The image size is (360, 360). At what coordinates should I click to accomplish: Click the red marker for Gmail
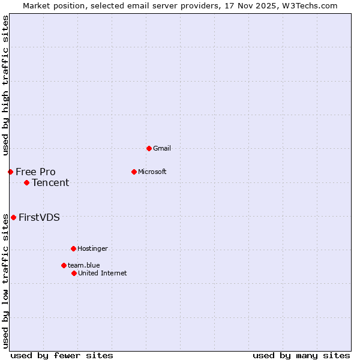(x=149, y=148)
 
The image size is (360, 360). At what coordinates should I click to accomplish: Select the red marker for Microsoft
(x=134, y=172)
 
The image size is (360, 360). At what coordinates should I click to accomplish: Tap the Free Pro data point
(x=10, y=172)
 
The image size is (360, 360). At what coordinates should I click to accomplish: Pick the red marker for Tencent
(x=26, y=182)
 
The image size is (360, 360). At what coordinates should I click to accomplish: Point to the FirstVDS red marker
(x=13, y=217)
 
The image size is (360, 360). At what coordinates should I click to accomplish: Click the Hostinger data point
(x=73, y=248)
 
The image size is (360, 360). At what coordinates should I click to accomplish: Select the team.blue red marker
(x=64, y=265)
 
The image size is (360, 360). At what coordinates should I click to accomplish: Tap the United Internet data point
(x=74, y=273)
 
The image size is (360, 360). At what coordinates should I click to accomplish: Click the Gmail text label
(x=162, y=148)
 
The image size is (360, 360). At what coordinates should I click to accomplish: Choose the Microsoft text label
(x=152, y=172)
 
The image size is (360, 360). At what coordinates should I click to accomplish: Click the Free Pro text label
(x=35, y=172)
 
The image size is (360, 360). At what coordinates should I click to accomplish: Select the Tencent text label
(x=50, y=182)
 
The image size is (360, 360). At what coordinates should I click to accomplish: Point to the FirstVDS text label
(x=39, y=217)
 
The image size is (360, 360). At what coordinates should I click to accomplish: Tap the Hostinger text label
(x=92, y=248)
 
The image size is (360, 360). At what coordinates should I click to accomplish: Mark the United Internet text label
(x=102, y=273)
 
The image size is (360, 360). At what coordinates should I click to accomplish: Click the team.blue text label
(x=83, y=265)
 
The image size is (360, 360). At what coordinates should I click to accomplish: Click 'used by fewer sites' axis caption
(x=62, y=355)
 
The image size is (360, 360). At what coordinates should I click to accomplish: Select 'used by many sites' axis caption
(x=301, y=355)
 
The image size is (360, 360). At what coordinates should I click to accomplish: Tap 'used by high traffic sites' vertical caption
(x=5, y=85)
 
